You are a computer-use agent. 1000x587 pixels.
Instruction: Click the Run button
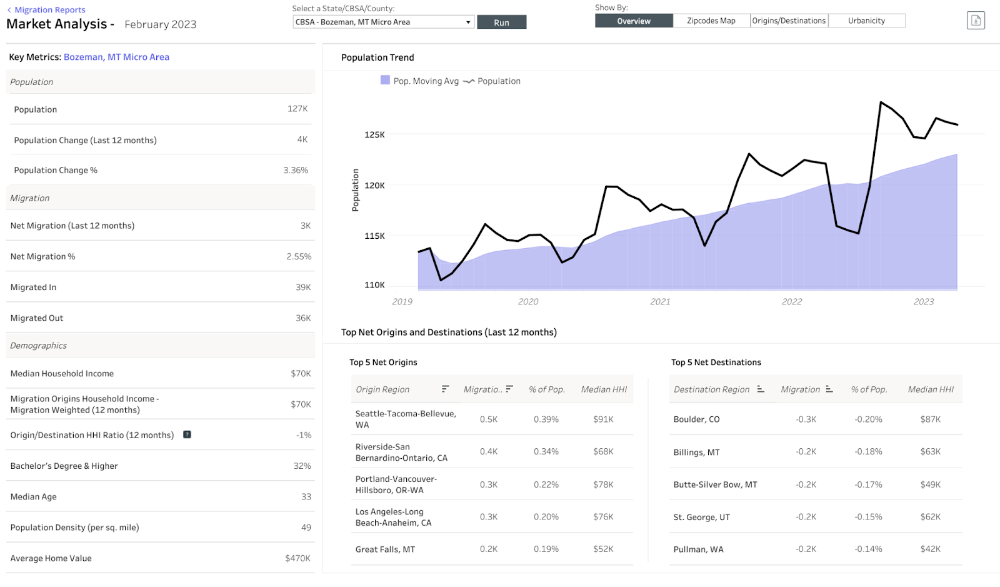coord(501,23)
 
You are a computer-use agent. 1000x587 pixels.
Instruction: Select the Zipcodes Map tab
coord(711,21)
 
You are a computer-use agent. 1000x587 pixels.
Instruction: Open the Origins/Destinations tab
coord(789,21)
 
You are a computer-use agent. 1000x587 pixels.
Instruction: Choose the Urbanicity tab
coord(866,21)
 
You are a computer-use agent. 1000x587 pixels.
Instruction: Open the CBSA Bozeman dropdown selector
coord(383,22)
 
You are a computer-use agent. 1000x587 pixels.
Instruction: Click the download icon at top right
coord(975,21)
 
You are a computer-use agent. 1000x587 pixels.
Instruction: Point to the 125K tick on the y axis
coord(374,134)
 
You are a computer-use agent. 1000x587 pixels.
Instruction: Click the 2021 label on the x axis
coord(660,301)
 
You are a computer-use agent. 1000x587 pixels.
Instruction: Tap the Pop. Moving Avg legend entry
coord(420,81)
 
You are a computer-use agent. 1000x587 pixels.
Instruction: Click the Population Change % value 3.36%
coord(296,170)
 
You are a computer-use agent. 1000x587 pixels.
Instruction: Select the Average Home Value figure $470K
coord(297,558)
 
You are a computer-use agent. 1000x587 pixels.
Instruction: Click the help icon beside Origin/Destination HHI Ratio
coord(187,434)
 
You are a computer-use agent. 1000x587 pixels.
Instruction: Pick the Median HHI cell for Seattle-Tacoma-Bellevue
coord(603,419)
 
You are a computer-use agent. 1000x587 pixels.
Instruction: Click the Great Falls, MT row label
coord(385,549)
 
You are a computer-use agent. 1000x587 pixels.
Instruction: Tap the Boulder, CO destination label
coord(696,419)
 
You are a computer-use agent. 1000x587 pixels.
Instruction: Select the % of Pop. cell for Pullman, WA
coord(868,549)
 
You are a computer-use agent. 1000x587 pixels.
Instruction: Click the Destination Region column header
coord(711,389)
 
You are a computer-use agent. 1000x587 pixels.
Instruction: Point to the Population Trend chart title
coord(377,58)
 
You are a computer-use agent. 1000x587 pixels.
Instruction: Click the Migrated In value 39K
coord(303,288)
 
